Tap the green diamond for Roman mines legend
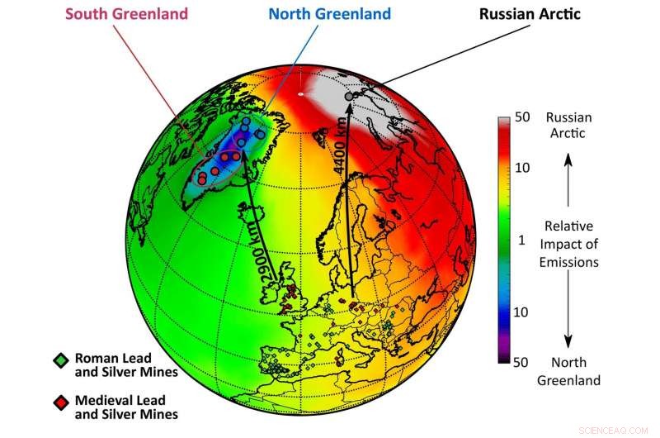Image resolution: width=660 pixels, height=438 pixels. (59, 359)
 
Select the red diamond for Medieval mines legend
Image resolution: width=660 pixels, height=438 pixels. (59, 401)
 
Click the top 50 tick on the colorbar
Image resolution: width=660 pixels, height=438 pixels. (522, 119)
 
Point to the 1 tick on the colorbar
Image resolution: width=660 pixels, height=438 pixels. (522, 240)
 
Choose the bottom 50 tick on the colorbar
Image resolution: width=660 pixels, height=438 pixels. (522, 361)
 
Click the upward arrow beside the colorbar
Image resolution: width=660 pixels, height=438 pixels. (567, 176)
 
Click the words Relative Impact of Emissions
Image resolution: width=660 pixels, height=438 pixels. (567, 244)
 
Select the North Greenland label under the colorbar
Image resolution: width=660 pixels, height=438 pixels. (568, 373)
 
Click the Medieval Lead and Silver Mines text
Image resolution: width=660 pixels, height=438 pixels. (126, 407)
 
